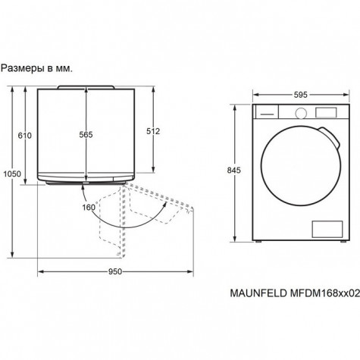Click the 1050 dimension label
tap(12, 174)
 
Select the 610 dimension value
tap(25, 136)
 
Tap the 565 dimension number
tap(86, 135)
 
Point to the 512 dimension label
tap(153, 131)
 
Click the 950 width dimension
tap(115, 271)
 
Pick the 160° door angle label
tap(89, 207)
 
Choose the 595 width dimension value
tap(301, 95)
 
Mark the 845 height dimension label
tap(233, 171)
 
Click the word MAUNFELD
tap(258, 293)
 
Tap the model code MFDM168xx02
tap(324, 293)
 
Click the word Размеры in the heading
tap(23, 69)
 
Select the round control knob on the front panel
tap(301, 113)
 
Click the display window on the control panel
tap(326, 113)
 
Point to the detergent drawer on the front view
tap(267, 111)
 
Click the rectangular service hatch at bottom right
tap(327, 229)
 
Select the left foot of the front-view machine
tap(258, 242)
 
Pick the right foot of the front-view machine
tap(343, 242)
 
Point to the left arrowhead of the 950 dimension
tap(40, 271)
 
